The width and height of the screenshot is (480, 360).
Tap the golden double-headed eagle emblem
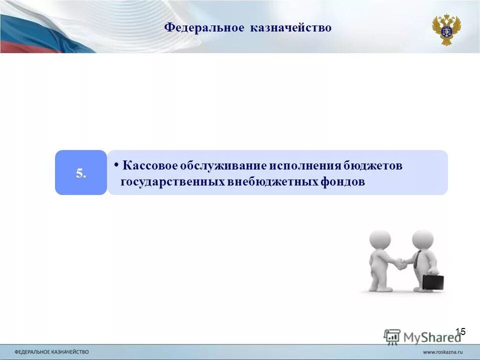click(x=446, y=29)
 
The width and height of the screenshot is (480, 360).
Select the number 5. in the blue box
click(x=81, y=173)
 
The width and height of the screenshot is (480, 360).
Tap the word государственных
click(x=173, y=182)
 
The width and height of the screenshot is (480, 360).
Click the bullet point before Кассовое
click(x=116, y=164)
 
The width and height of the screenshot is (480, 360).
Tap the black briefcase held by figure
click(x=432, y=281)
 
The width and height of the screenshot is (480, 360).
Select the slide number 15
click(x=460, y=331)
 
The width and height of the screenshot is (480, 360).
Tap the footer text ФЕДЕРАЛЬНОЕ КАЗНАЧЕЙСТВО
click(x=51, y=352)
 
